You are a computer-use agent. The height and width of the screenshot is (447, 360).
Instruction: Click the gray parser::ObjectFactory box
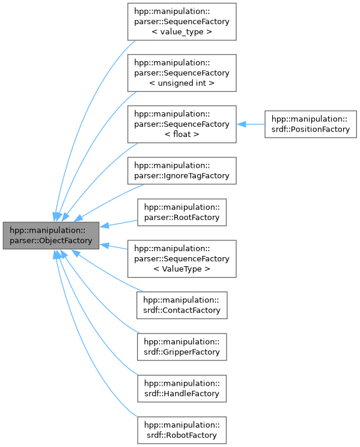[50, 236]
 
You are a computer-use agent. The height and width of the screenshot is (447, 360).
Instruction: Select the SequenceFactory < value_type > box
[182, 22]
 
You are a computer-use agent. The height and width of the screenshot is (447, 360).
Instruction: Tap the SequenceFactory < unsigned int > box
[182, 73]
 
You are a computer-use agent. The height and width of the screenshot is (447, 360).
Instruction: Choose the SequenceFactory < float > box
[182, 124]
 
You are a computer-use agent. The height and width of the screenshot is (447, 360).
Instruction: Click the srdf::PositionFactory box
[311, 124]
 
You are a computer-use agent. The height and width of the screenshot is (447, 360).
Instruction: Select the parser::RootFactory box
[182, 212]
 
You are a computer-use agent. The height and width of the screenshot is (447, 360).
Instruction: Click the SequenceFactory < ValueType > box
[182, 258]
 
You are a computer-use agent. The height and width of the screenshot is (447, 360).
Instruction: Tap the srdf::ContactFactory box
[182, 305]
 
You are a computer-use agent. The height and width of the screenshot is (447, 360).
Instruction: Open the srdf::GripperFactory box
[182, 347]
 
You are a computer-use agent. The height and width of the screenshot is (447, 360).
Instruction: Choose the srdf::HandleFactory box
[182, 388]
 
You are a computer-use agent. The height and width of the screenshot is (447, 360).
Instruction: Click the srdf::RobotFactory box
[182, 430]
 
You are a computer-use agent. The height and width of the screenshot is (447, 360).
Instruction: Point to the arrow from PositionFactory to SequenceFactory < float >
[251, 124]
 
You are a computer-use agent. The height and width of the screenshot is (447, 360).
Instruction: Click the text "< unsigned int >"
[182, 83]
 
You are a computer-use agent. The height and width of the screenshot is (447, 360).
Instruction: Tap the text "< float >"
[182, 135]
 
